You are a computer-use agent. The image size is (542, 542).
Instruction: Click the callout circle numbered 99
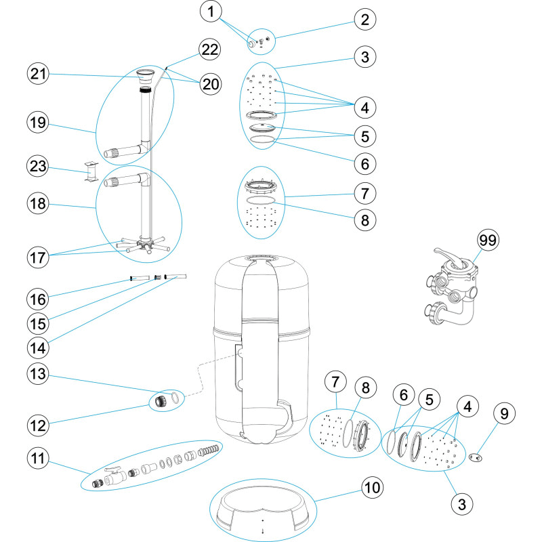[488, 241]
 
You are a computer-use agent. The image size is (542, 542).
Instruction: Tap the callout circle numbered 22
[209, 49]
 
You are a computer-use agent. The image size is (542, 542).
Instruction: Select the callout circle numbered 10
[372, 488]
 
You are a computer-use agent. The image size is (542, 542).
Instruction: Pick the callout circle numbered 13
[38, 374]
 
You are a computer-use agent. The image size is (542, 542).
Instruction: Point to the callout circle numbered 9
[504, 413]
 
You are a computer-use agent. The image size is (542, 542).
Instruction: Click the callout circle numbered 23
[38, 166]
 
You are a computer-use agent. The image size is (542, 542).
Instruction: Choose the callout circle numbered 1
[211, 12]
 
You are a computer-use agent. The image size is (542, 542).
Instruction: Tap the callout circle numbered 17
[38, 257]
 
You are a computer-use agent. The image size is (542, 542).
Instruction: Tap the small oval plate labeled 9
[476, 457]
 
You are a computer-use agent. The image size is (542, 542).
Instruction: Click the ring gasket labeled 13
[175, 397]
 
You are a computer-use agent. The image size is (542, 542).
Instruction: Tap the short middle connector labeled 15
[158, 277]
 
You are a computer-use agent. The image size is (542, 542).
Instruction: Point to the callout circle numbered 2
[365, 20]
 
